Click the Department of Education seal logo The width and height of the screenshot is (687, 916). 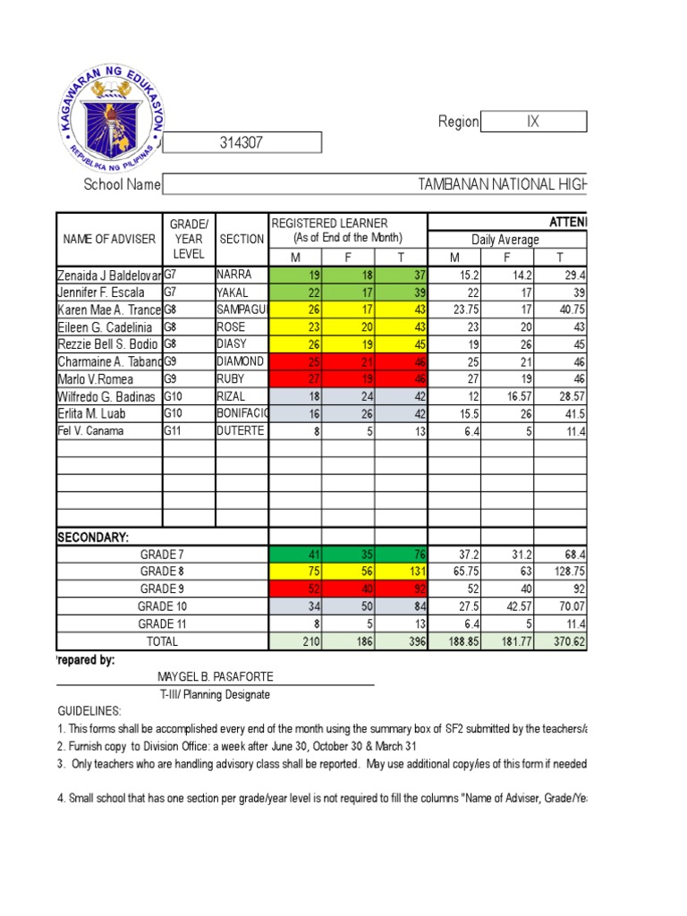(108, 117)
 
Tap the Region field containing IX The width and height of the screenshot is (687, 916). (533, 122)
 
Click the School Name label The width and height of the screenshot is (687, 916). (122, 184)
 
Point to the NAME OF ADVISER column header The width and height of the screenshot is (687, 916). (109, 239)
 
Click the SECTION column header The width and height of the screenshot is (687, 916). (242, 239)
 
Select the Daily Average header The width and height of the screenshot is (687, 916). (506, 240)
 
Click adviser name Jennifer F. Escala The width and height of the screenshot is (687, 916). (101, 293)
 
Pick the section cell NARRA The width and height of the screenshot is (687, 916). (235, 275)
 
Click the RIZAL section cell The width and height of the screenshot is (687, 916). (233, 396)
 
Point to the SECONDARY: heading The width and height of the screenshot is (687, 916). (93, 538)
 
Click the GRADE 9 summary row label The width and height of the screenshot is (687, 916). (162, 589)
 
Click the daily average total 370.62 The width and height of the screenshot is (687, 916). (562, 641)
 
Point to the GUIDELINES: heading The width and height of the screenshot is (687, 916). (89, 710)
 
